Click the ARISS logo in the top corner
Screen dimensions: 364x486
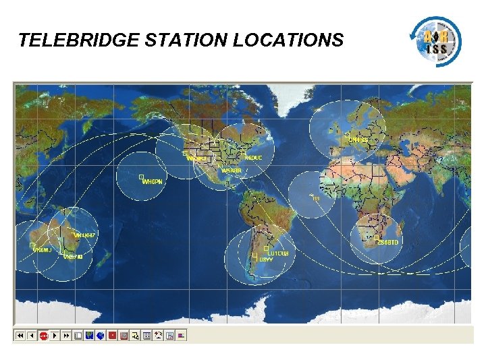[x=437, y=40]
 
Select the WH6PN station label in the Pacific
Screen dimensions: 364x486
[x=153, y=182]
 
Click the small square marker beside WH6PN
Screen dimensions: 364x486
[x=141, y=177]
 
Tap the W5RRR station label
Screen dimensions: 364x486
[x=231, y=171]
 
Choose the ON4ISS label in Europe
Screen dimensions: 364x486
[x=358, y=140]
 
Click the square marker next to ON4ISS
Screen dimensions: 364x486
[x=347, y=135]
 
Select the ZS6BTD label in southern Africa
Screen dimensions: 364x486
[x=388, y=242]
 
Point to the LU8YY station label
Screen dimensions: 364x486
[x=266, y=260]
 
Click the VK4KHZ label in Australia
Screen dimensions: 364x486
[x=86, y=235]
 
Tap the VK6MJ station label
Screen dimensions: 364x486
[x=42, y=250]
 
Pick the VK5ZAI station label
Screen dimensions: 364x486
[x=73, y=257]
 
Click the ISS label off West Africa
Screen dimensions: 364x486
[x=315, y=198]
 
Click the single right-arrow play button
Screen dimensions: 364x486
[x=55, y=335]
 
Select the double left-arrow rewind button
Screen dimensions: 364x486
[x=20, y=335]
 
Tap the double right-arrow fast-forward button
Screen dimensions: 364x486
[x=67, y=335]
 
